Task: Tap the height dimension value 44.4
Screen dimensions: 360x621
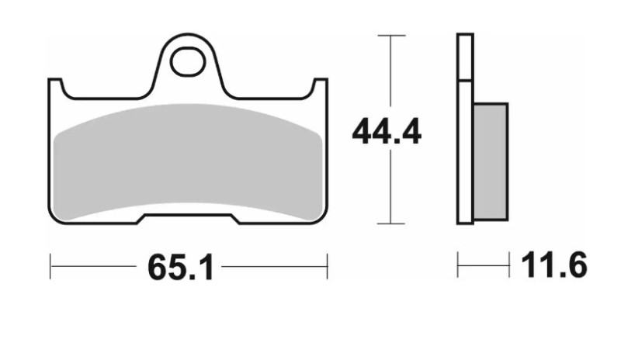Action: tap(386, 133)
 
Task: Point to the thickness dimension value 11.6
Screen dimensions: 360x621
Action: tap(553, 268)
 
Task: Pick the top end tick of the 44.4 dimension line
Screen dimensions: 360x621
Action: tap(390, 36)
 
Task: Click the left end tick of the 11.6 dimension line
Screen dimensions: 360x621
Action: tap(458, 267)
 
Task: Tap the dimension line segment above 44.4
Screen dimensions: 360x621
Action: tap(390, 74)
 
